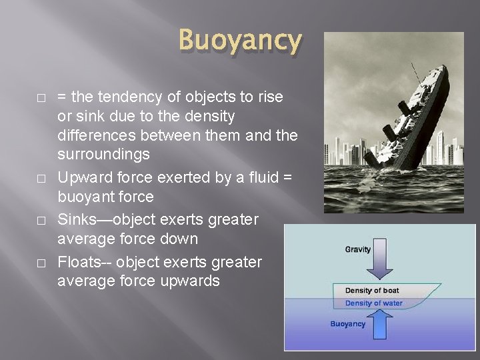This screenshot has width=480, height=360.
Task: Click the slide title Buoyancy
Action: [x=240, y=41]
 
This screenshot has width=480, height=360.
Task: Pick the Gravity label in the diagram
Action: [x=359, y=249]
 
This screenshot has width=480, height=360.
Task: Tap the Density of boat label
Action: [x=372, y=291]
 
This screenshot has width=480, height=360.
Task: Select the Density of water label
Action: [x=373, y=303]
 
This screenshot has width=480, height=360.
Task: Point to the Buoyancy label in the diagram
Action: [x=348, y=324]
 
